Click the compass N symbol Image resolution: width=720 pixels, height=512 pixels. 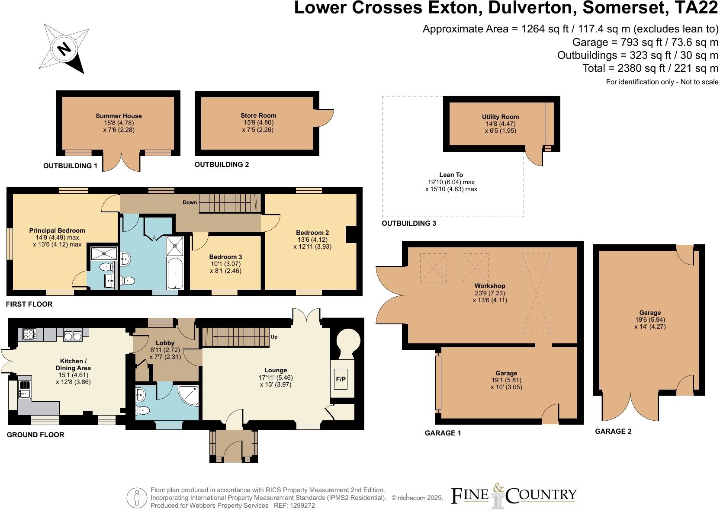(64, 48)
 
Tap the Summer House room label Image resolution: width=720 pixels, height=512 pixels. (119, 116)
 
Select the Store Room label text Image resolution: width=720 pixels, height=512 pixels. (258, 115)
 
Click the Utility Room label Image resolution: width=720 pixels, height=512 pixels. (500, 117)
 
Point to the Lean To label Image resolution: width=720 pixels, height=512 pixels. (451, 175)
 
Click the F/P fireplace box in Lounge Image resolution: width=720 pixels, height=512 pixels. (341, 379)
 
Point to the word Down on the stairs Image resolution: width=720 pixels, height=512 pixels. (190, 202)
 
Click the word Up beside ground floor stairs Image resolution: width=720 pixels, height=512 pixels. (274, 337)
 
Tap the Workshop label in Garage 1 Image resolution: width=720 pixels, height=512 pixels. (490, 286)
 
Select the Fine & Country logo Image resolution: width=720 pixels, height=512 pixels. (514, 496)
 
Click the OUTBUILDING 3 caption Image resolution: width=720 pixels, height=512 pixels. (408, 224)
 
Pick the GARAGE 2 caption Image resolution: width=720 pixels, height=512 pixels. (613, 431)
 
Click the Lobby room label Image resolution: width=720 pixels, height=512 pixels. (165, 343)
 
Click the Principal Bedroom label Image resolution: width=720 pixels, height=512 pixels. (57, 230)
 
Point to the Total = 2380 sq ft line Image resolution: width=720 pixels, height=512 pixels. (650, 68)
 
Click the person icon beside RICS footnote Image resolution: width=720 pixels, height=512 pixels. (137, 498)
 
